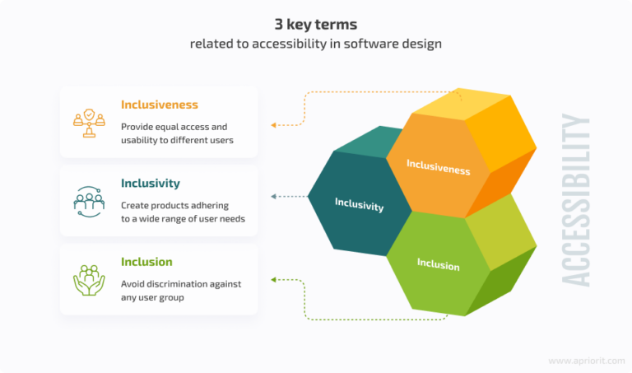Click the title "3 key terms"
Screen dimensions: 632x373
point(316,24)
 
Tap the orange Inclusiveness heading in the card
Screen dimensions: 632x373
point(160,105)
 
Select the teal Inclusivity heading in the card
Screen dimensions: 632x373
point(151,183)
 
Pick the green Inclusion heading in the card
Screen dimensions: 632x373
point(146,262)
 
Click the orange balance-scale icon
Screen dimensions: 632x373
point(89,123)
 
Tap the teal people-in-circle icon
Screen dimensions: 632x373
point(89,202)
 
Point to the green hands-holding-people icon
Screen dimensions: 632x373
point(89,280)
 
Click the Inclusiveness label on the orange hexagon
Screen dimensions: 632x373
point(438,167)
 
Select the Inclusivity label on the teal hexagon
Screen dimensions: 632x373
point(359,204)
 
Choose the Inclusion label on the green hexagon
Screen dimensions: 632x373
point(438,264)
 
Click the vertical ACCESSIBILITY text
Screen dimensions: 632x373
point(575,200)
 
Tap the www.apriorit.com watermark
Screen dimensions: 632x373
point(587,361)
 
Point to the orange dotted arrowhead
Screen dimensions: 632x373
point(273,125)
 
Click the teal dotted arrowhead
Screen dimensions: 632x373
point(273,196)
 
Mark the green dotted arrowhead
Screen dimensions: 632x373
point(273,279)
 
